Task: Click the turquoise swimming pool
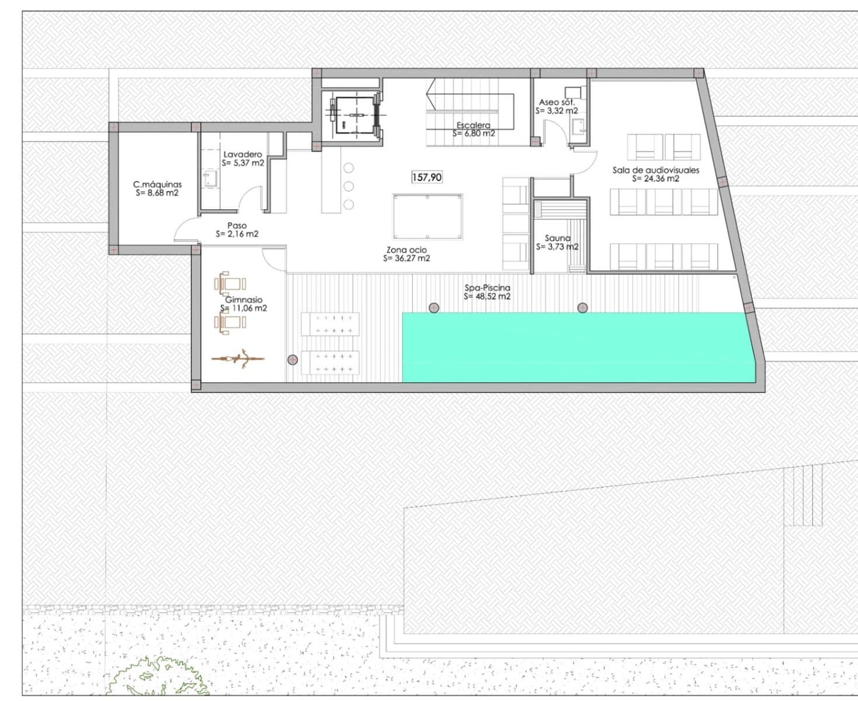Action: tap(575, 347)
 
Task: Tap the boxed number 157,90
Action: tap(427, 177)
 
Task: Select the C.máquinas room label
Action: tap(157, 185)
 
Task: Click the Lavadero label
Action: tap(242, 154)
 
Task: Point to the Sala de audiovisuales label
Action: tap(655, 170)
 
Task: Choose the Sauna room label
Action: tap(557, 238)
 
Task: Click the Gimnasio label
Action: tap(244, 300)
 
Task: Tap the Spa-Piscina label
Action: tap(487, 288)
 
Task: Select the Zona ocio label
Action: tap(407, 250)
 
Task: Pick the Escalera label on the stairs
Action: tap(473, 125)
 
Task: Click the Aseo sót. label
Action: tap(557, 102)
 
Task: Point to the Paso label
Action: tap(237, 225)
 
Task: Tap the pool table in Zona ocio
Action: tap(428, 217)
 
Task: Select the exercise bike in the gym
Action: tap(238, 359)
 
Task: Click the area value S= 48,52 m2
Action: tap(487, 297)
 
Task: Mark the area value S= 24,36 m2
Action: tap(655, 179)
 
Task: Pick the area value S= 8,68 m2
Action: tap(157, 193)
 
